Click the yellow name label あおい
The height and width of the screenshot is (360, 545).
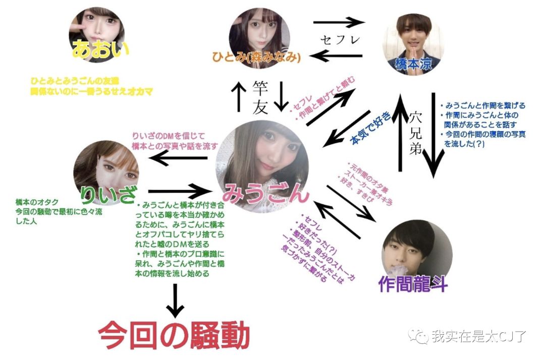click(100, 50)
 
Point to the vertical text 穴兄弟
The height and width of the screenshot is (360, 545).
click(415, 134)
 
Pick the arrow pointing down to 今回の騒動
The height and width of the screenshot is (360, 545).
click(175, 301)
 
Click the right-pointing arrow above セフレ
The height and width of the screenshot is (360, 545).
click(339, 22)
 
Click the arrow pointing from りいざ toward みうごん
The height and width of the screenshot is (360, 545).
click(180, 191)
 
